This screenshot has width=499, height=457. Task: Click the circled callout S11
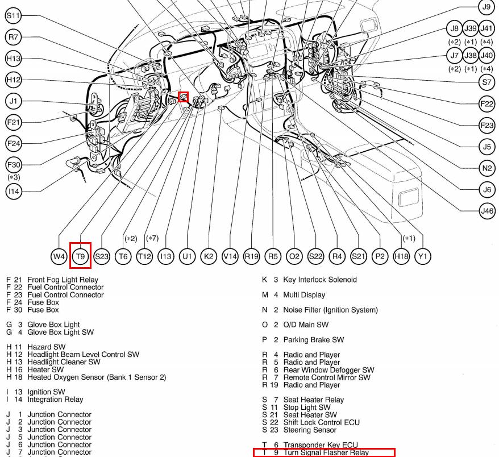pos(13,16)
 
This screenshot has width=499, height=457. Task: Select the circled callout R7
pos(13,38)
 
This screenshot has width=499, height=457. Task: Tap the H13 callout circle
pos(13,59)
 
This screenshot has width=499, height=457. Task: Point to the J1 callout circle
pos(13,101)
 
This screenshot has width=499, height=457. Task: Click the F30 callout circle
pos(13,165)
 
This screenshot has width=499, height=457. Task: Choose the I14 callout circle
pos(13,191)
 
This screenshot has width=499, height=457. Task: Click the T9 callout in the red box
pos(80,256)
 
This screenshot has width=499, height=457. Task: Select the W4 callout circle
pos(59,256)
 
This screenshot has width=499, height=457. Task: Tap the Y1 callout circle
pos(422,256)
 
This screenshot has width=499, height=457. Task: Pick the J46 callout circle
pos(486,211)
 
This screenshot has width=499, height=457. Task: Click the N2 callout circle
pos(486,168)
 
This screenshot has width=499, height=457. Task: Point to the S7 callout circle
pos(486,82)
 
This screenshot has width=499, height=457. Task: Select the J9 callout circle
pos(486,7)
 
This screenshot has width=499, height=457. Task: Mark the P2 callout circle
pos(380,256)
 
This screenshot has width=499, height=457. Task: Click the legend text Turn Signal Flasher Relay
pos(326,453)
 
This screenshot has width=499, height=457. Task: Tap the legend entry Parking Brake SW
pos(313,340)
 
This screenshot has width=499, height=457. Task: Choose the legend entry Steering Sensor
pos(314,430)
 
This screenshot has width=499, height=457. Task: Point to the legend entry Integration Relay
pos(55,400)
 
